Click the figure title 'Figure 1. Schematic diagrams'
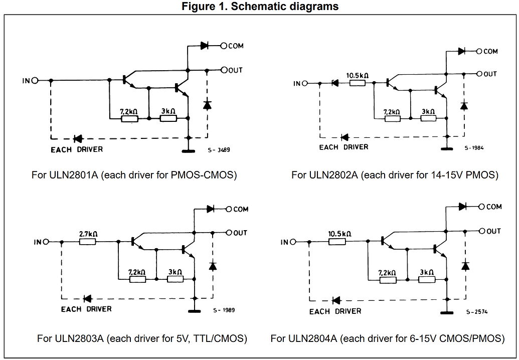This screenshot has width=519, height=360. pos(260,7)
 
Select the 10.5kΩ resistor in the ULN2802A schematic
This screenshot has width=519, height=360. pos(357,83)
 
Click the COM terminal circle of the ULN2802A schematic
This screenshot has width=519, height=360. pos(479,51)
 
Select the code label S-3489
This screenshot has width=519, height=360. pos(219,149)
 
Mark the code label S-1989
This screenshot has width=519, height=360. pos(223,310)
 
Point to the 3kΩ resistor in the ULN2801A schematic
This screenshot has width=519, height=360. pos(168,118)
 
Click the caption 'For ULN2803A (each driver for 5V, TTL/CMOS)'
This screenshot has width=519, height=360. pos(142,338)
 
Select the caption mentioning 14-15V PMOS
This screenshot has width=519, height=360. pos(395,175)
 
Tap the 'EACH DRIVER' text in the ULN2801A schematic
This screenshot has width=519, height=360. pos(77,149)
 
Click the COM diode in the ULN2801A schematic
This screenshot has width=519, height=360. pos(204,46)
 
